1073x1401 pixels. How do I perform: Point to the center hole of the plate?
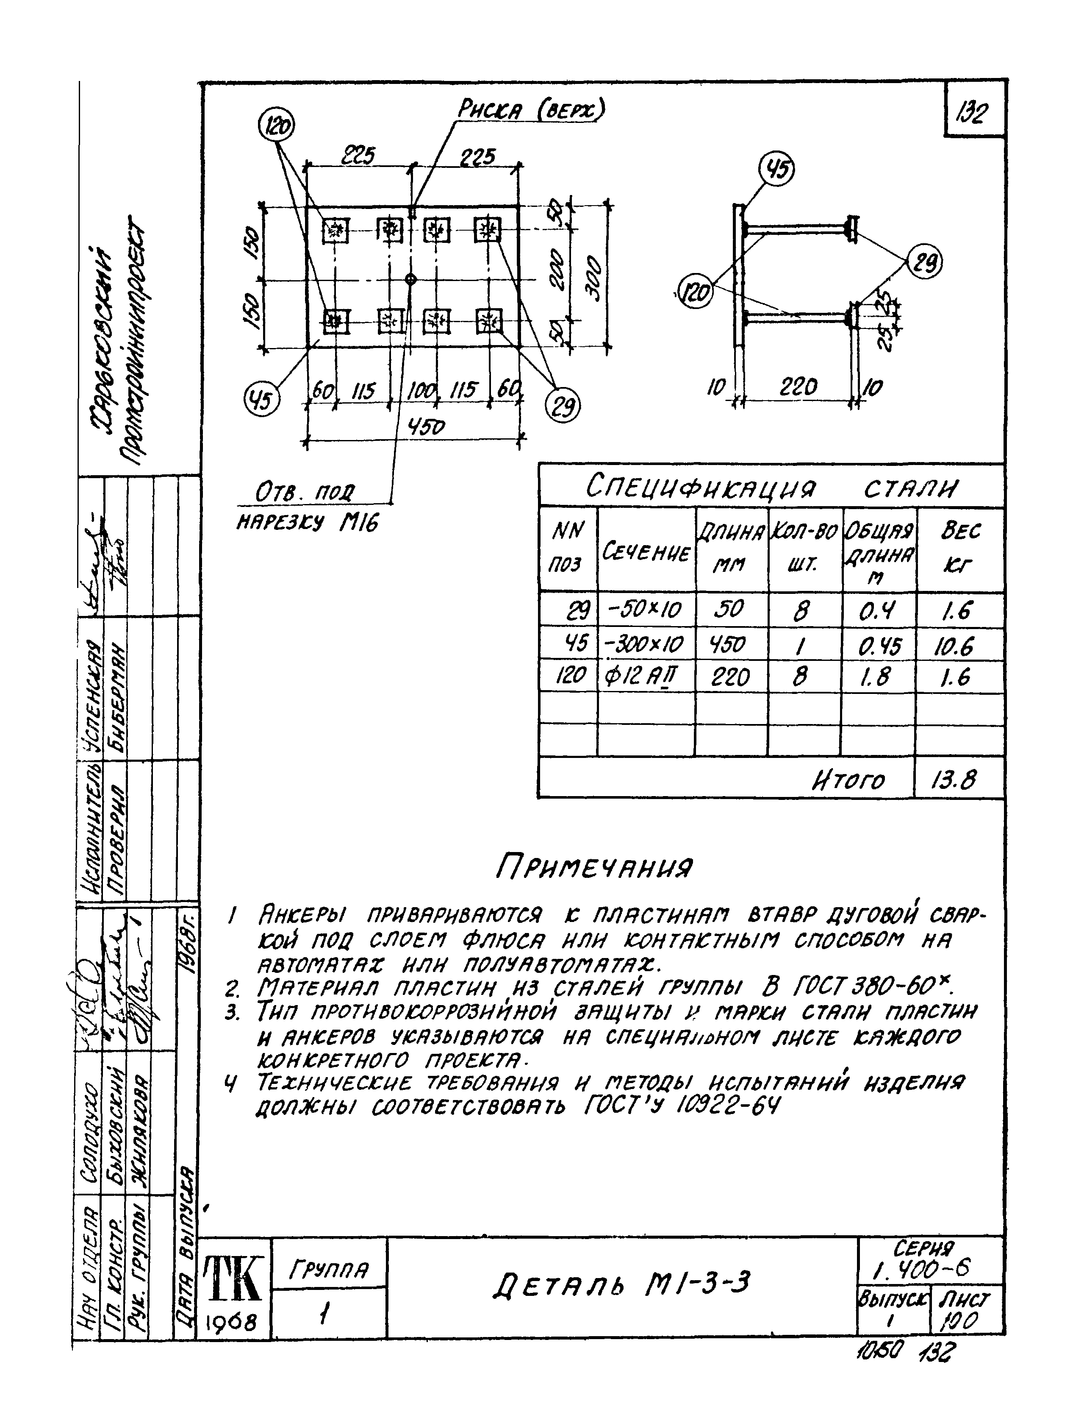tap(410, 279)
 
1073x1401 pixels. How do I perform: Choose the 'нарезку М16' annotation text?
tap(307, 523)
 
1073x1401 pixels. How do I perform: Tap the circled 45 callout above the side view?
tap(776, 170)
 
